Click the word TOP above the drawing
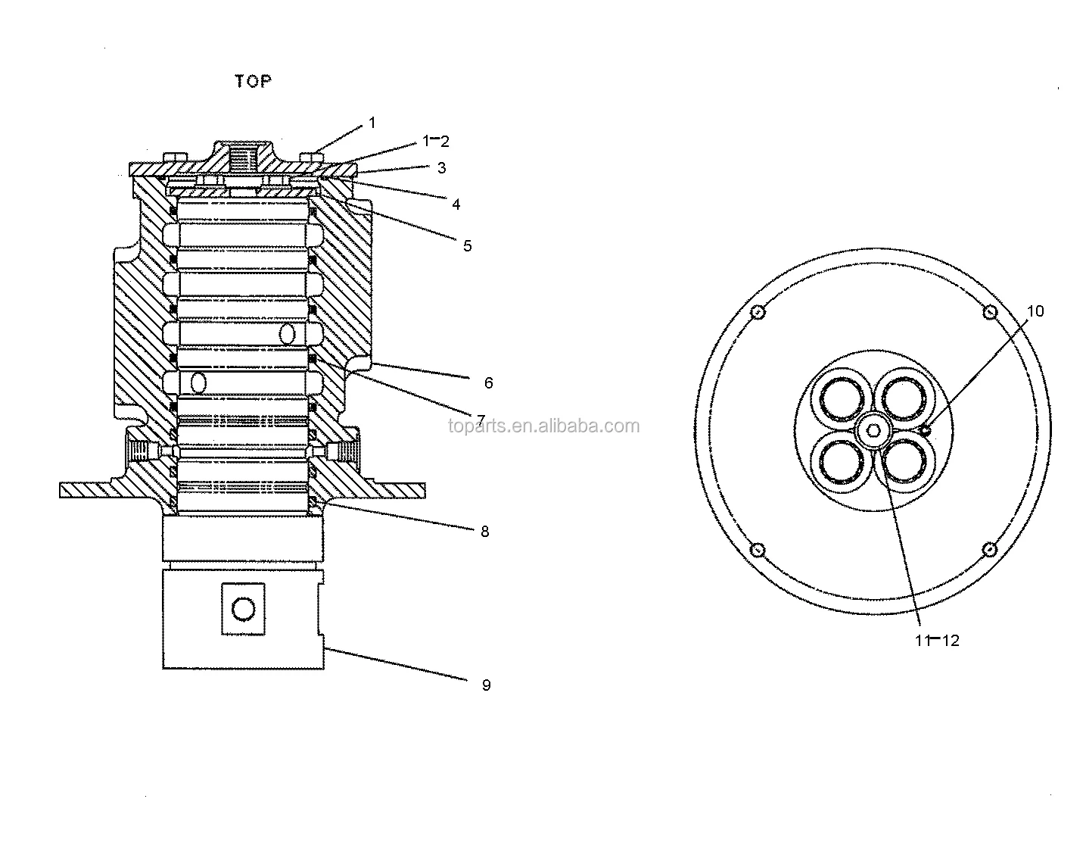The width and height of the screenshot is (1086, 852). (x=254, y=81)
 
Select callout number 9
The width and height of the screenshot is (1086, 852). (x=487, y=685)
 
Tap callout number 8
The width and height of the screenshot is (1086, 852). (x=485, y=532)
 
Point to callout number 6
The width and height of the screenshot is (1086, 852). (x=489, y=383)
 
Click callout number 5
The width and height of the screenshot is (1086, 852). (x=467, y=246)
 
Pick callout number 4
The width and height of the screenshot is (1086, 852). (x=456, y=204)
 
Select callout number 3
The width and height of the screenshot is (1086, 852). (x=442, y=168)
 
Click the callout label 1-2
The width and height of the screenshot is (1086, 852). (x=436, y=141)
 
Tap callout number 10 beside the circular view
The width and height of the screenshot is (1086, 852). (x=1035, y=311)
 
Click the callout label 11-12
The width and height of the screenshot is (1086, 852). (x=937, y=641)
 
